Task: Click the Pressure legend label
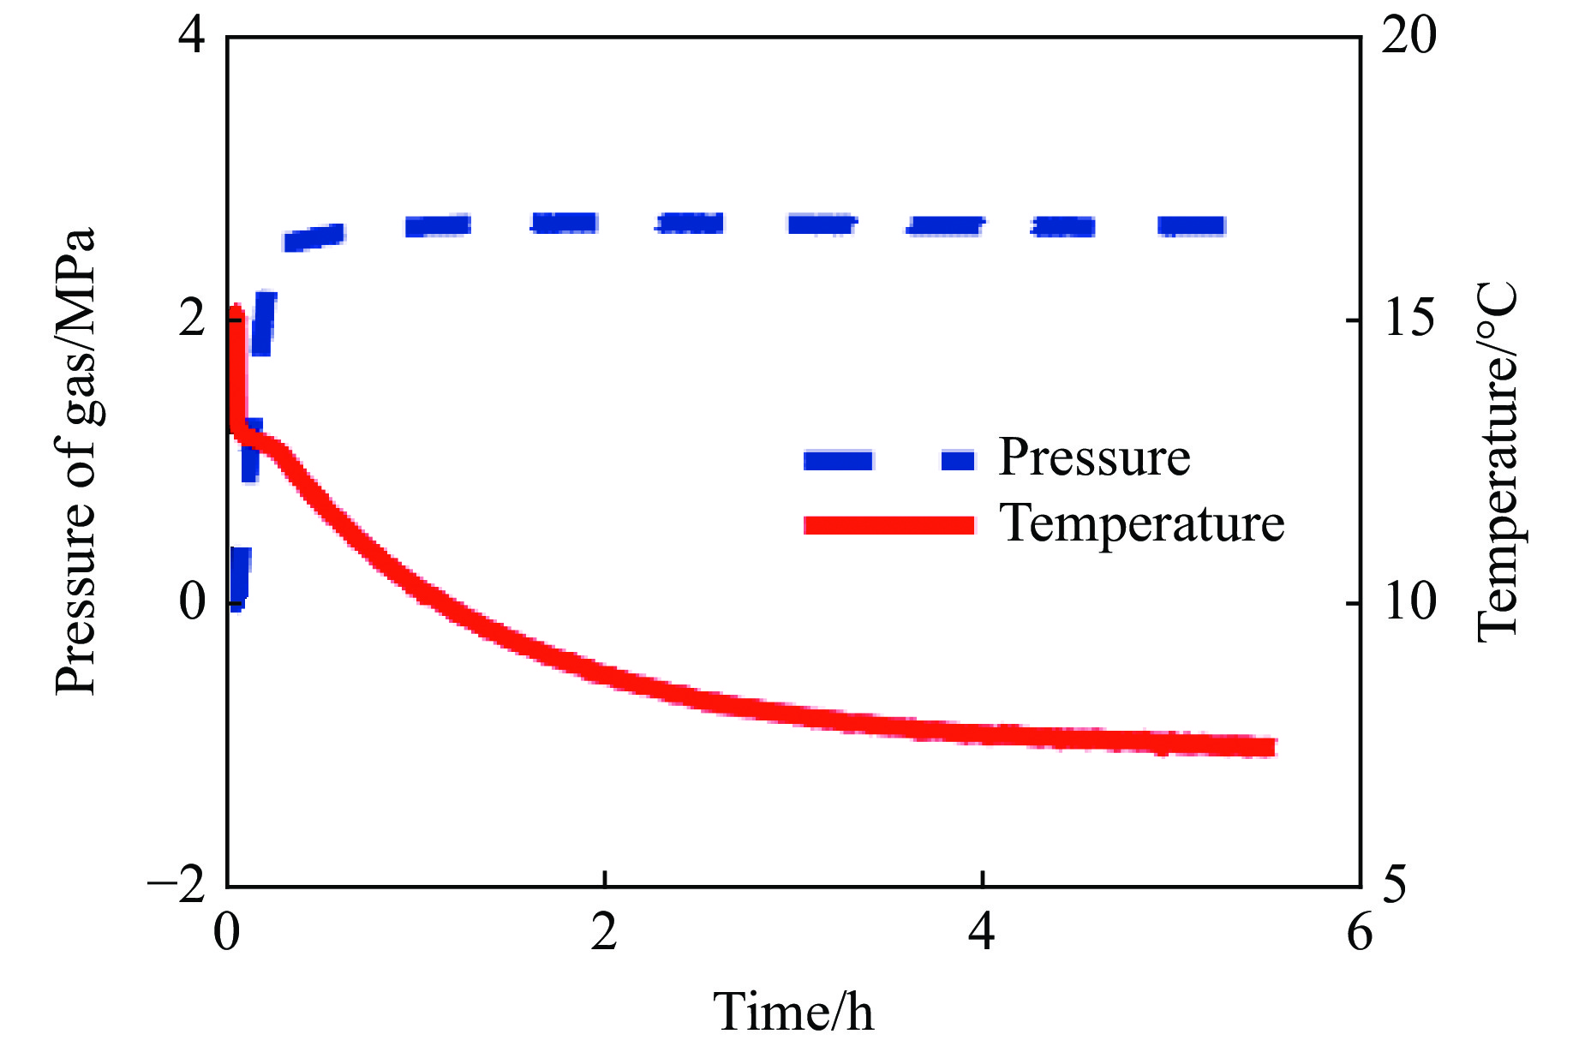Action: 1094,458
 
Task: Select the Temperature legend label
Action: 1142,523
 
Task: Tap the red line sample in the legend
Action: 889,525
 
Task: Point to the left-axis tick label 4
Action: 193,38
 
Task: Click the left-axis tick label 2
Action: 193,320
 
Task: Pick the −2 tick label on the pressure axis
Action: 177,886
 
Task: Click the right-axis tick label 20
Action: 1409,38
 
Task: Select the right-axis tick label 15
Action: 1409,320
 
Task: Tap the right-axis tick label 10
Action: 1409,602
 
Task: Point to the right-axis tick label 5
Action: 1395,886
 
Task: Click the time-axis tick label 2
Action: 604,932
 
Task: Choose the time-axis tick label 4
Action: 982,932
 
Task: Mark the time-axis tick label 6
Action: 1360,932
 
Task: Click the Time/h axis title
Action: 793,1012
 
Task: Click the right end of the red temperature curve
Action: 1271,747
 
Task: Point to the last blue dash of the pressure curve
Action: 1191,226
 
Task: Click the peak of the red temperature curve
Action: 236,310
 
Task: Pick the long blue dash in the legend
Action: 838,461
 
